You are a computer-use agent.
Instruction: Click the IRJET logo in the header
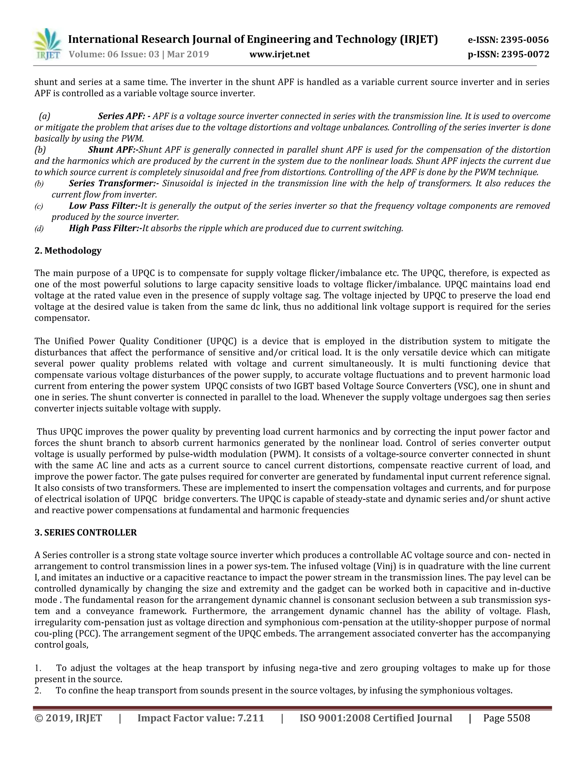(x=47, y=44)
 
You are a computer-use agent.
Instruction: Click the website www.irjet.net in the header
(x=279, y=54)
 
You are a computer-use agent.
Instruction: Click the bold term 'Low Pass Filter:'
(x=104, y=206)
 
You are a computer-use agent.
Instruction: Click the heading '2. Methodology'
(x=68, y=251)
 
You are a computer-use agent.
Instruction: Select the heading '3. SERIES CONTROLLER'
(x=86, y=532)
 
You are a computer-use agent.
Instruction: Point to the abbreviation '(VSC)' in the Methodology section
(x=465, y=386)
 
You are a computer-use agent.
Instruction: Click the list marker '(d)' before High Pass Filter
(x=39, y=229)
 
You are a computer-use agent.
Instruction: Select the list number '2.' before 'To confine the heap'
(x=38, y=690)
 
